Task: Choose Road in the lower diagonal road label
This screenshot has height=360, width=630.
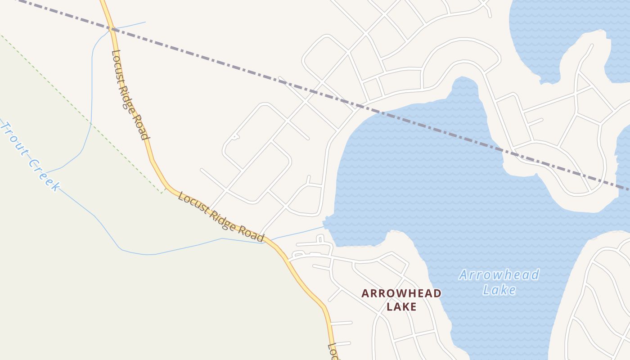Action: [249, 233]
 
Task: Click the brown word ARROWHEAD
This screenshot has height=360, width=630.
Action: [401, 293]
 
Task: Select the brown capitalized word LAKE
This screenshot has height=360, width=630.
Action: [401, 307]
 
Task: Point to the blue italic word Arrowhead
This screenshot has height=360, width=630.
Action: [499, 274]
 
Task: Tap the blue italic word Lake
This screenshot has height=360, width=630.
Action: [499, 289]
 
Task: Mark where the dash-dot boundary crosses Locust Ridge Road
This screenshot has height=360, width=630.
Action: [112, 30]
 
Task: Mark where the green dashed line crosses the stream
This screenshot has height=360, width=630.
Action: [90, 123]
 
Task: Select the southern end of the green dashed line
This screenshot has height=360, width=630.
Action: [162, 193]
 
